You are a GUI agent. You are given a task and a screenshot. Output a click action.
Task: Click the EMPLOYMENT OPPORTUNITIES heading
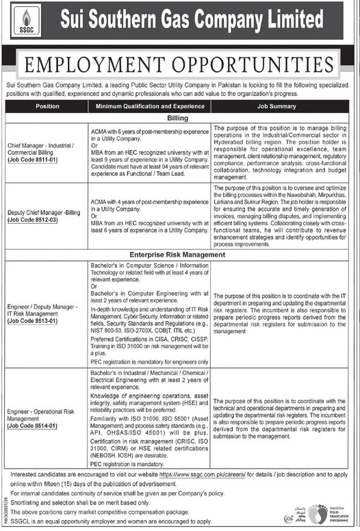[180, 66]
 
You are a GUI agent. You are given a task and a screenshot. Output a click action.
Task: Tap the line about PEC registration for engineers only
[149, 361]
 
